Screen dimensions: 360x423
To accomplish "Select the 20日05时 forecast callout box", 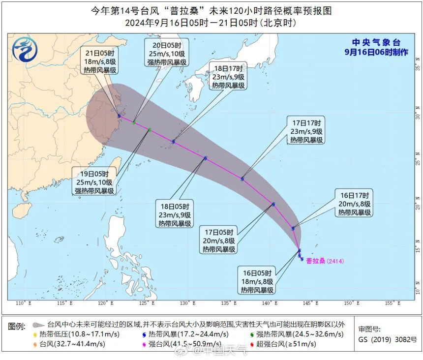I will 166,54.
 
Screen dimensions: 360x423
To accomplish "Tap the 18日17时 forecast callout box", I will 228,76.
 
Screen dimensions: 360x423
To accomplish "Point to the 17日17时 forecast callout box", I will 306,131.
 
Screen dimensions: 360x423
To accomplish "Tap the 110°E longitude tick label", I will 20,303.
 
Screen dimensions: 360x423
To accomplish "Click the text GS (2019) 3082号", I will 388,339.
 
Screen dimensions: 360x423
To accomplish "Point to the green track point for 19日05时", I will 150,129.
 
